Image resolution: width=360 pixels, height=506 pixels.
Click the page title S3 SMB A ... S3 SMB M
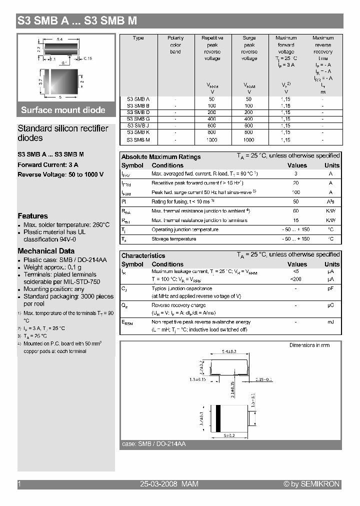77,21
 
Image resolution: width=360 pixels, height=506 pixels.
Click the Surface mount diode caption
63,110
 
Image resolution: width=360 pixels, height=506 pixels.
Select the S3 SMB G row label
138,119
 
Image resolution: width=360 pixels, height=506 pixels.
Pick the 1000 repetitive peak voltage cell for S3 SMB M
212,140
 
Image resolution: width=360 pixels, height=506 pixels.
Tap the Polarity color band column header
175,44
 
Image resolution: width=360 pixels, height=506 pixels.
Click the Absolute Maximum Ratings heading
161,156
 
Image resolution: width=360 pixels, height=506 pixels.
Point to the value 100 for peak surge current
296,192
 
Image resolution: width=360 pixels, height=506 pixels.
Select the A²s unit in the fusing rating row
330,201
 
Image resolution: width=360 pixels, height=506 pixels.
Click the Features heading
32,216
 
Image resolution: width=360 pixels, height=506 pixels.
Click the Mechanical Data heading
46,251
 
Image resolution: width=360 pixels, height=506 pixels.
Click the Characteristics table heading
143,255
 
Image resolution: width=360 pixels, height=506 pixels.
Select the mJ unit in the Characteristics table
330,322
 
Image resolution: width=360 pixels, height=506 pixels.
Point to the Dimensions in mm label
309,345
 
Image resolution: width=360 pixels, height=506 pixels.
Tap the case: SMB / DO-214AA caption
154,444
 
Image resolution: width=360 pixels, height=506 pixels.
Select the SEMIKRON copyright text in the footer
311,484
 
